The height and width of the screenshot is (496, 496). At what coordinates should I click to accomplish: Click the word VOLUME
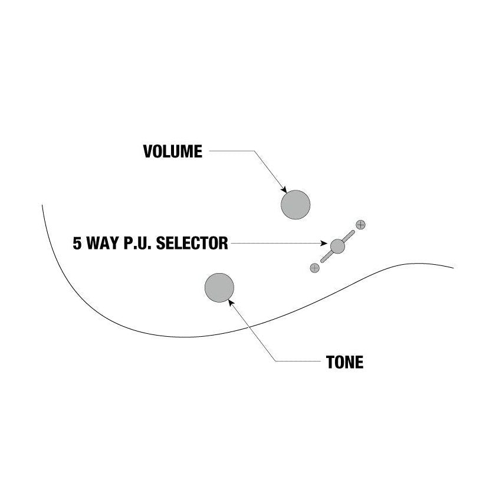[173, 151]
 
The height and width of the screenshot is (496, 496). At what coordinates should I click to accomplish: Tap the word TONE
[344, 362]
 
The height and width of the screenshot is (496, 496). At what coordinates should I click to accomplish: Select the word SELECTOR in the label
[192, 243]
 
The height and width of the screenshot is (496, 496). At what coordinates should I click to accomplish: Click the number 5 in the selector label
[77, 243]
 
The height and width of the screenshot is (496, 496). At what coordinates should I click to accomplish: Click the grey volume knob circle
[295, 205]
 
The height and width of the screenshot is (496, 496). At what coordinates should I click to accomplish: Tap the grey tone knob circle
[219, 288]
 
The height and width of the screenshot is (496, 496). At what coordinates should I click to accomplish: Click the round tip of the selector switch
[337, 246]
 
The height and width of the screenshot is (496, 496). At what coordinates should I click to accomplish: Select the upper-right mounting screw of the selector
[360, 225]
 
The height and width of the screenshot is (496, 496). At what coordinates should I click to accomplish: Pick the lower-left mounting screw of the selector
[314, 268]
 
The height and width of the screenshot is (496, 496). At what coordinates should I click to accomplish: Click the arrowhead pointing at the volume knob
[284, 190]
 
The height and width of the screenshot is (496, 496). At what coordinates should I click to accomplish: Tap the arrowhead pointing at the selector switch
[324, 243]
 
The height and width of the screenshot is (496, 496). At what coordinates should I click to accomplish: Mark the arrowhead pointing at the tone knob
[231, 303]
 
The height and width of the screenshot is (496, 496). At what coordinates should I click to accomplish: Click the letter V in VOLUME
[148, 151]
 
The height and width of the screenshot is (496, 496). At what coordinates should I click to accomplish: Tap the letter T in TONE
[330, 362]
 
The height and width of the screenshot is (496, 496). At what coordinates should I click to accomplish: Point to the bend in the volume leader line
[254, 151]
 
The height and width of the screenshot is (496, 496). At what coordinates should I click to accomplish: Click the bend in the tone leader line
[275, 361]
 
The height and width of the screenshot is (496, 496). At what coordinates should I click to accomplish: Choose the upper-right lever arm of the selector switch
[349, 236]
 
